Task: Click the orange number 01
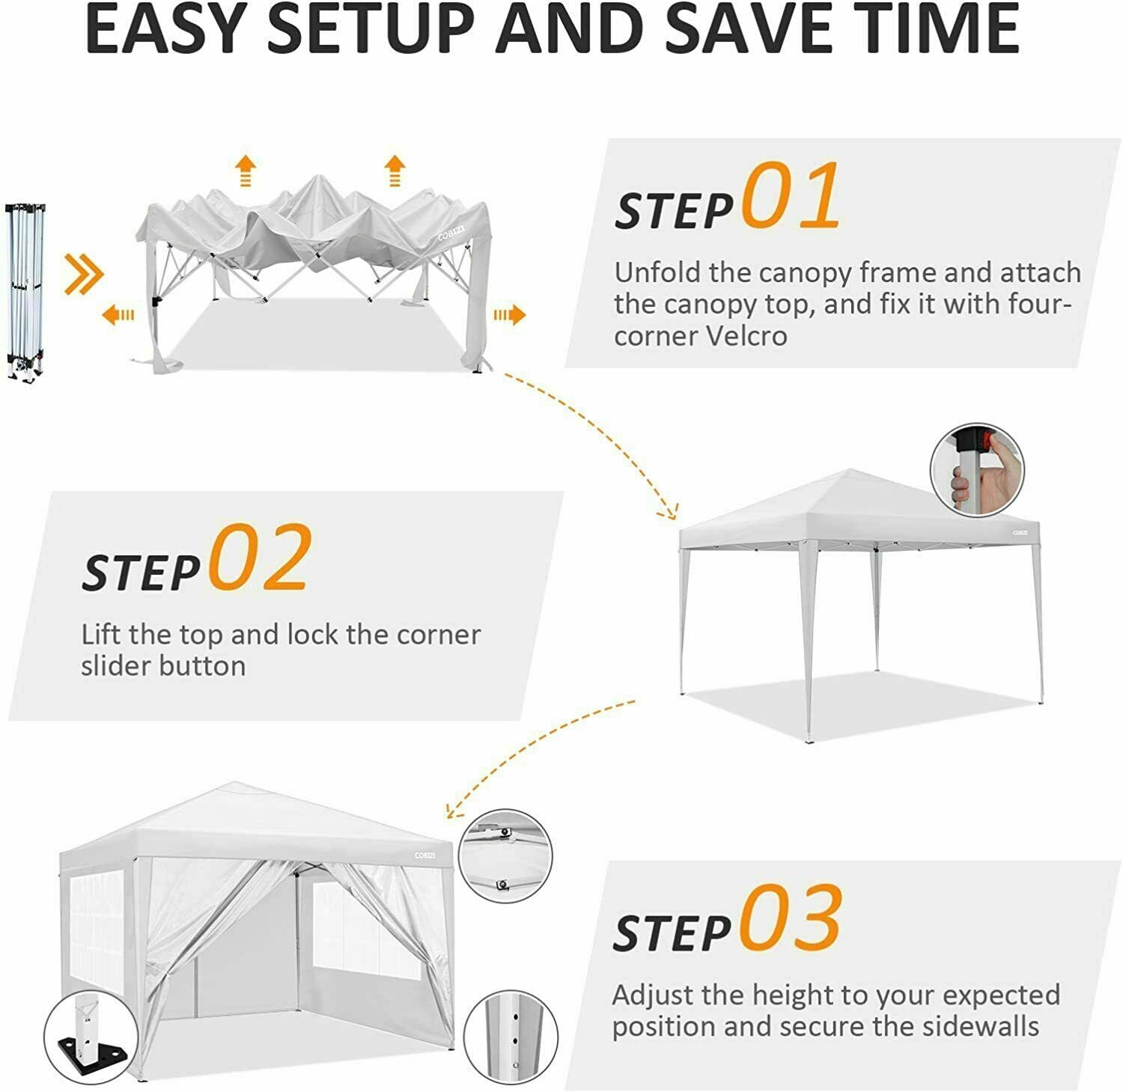[791, 196]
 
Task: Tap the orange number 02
[260, 557]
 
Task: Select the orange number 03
[791, 917]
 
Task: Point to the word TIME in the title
[935, 30]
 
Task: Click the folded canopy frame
[25, 292]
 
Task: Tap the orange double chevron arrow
[82, 274]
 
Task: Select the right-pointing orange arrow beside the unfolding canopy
[509, 314]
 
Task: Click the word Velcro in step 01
[746, 336]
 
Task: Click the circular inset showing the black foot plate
[90, 1036]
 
